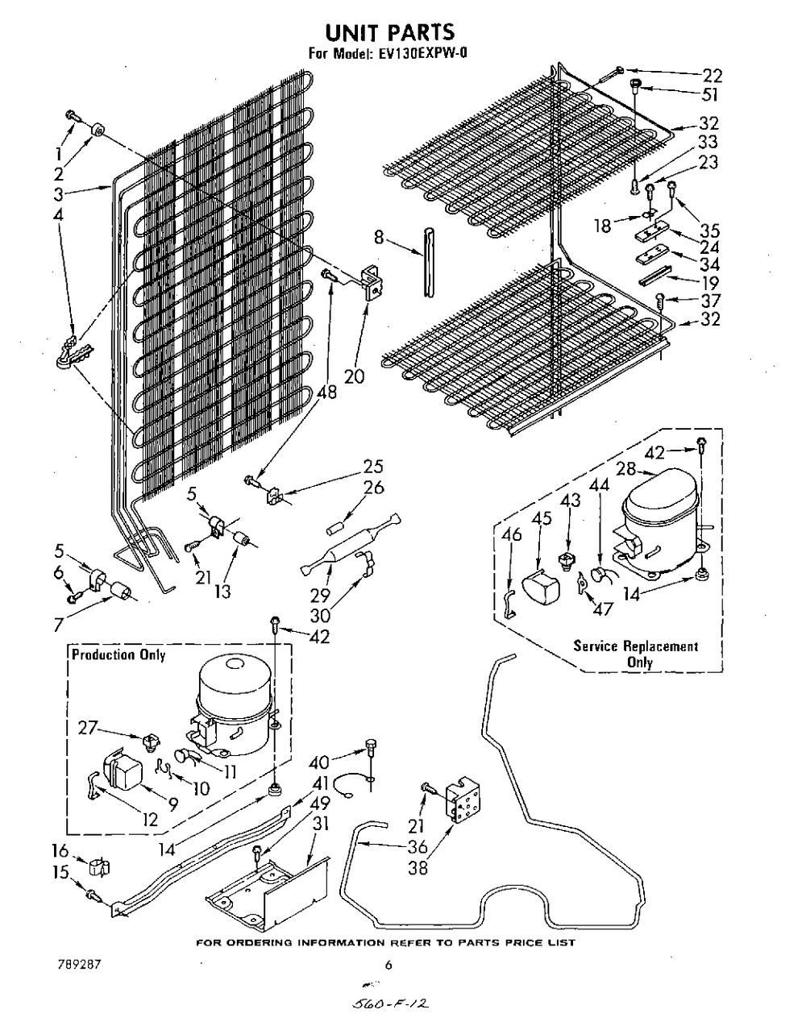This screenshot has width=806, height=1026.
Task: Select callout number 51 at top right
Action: tap(708, 95)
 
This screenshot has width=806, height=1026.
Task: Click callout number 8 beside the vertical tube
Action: tap(379, 238)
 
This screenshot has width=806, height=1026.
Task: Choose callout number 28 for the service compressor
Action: tap(626, 469)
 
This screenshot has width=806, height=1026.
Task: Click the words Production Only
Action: tap(118, 655)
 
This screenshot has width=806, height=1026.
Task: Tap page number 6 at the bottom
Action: tap(388, 966)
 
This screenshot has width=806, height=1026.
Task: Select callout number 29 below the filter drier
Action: tap(320, 596)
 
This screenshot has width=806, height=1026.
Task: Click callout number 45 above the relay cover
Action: tap(542, 518)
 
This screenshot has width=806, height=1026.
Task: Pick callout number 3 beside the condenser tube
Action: tap(59, 194)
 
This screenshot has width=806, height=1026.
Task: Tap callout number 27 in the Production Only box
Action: tap(88, 728)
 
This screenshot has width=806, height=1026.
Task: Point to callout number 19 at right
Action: tap(710, 282)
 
